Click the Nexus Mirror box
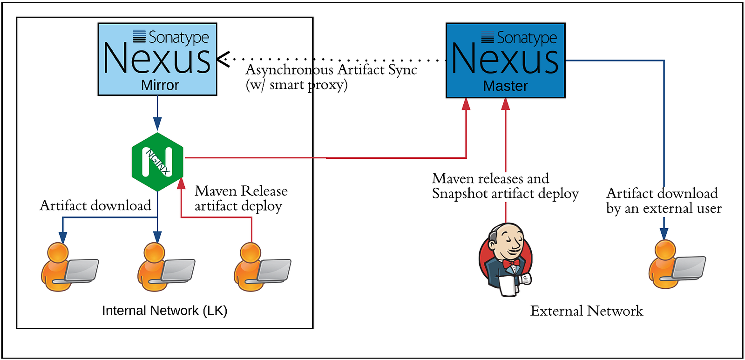[157, 59]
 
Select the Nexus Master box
[506, 60]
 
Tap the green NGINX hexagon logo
[157, 162]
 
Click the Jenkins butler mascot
[506, 260]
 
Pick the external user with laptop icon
[677, 264]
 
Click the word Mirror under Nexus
[160, 85]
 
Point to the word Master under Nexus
[506, 86]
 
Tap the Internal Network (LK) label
[165, 311]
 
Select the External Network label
[587, 311]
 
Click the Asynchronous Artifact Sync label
[331, 70]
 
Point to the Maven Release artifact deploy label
[241, 198]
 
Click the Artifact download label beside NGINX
[95, 205]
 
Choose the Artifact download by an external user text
[664, 201]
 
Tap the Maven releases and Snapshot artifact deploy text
[506, 186]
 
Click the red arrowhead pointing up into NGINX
[181, 183]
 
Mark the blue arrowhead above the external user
[664, 233]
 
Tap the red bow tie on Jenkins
[511, 264]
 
